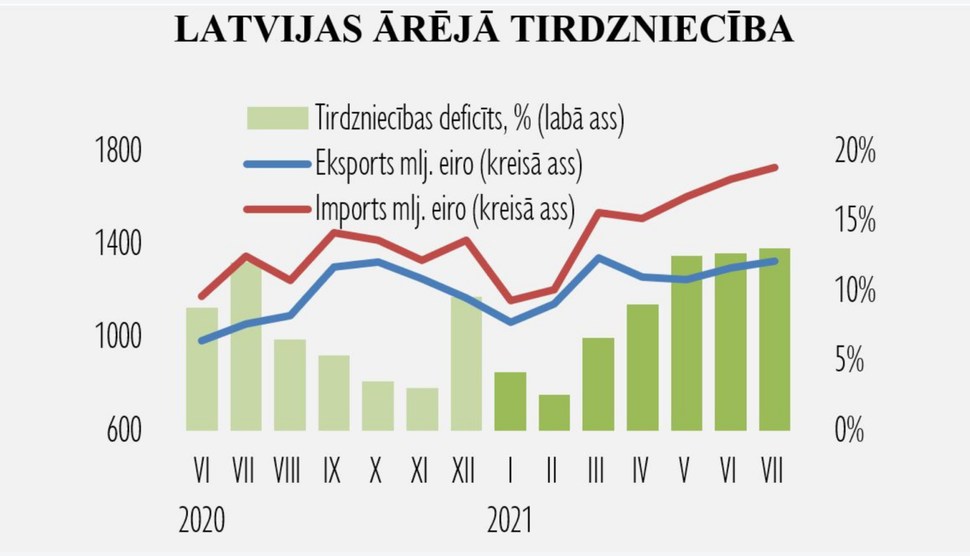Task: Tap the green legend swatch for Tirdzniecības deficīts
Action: [277, 118]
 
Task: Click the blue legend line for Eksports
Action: [277, 164]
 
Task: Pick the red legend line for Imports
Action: [277, 209]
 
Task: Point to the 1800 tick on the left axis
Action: [118, 151]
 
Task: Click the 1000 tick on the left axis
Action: [118, 336]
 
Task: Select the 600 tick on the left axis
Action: [124, 430]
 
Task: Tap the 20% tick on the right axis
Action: [855, 151]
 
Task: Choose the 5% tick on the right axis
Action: [849, 359]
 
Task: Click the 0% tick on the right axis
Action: [849, 430]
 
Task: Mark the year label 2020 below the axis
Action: [202, 520]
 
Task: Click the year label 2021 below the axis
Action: [510, 520]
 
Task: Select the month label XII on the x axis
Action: [463, 471]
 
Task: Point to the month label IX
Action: [332, 471]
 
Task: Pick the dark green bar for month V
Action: [686, 343]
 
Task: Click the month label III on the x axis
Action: [596, 471]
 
